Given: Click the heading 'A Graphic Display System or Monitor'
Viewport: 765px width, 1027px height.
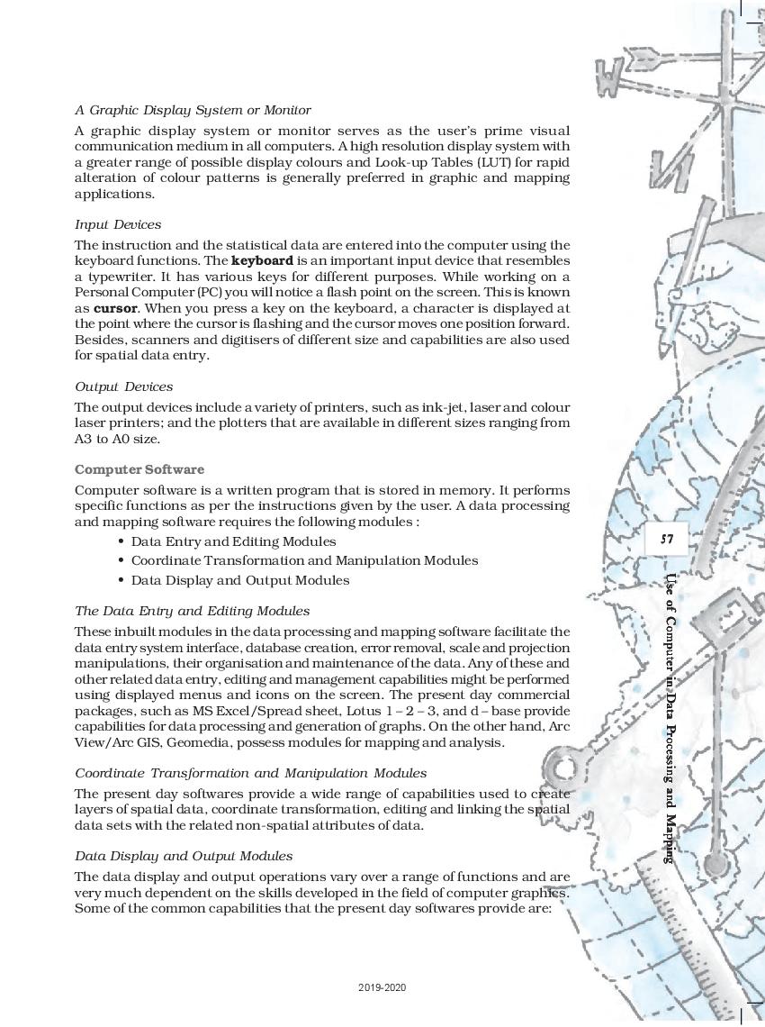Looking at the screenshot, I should (193, 110).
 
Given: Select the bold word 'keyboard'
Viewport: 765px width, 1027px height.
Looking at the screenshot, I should (261, 261).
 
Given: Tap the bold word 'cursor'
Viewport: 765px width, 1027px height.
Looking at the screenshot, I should (114, 307).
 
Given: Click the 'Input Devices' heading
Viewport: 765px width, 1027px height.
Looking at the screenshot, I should (118, 224).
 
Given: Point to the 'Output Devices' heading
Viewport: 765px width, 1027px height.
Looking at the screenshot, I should (123, 386).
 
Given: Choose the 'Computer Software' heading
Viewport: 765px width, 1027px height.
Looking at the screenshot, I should (139, 469).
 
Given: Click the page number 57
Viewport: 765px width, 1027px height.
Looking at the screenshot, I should (667, 540).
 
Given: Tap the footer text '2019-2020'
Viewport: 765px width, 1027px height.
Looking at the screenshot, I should (382, 988).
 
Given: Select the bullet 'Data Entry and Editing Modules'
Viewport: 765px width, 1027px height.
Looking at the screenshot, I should (233, 541).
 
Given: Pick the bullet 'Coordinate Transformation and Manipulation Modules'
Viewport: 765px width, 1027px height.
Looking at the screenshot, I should (304, 560).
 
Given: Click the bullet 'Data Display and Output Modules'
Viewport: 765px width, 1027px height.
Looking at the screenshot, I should (239, 580).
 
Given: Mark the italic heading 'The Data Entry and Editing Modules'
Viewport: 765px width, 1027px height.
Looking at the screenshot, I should (192, 611).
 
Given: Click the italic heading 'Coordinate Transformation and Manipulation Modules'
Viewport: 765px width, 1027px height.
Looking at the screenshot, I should (250, 773).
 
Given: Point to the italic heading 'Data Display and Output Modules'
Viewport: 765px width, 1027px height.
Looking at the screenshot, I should (183, 856).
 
